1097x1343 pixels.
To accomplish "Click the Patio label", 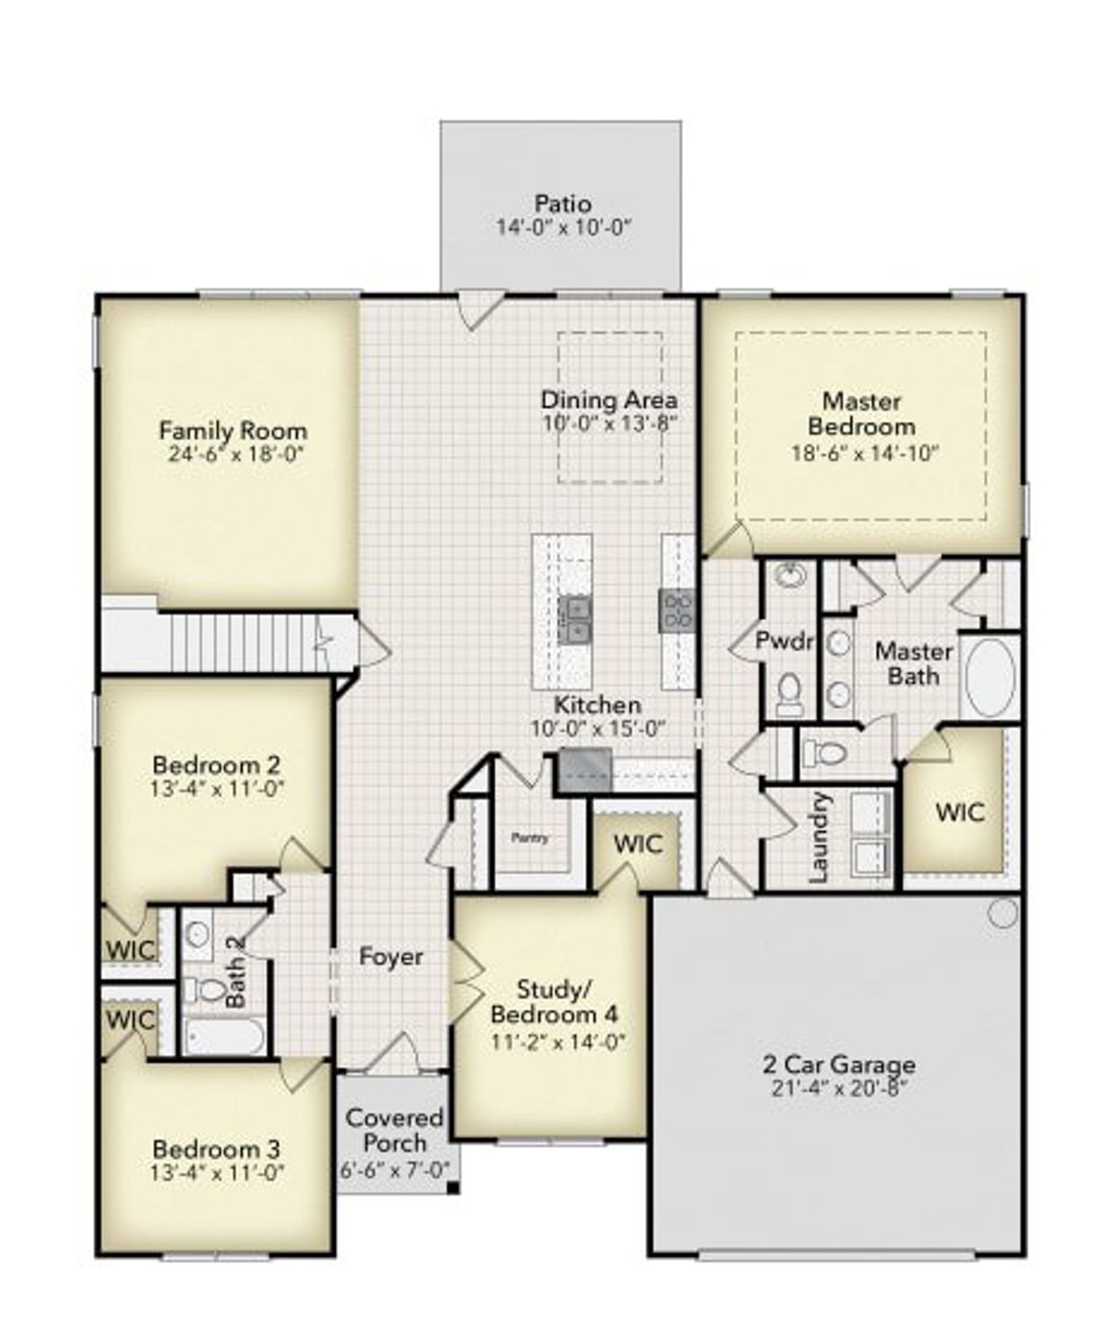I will [x=562, y=204].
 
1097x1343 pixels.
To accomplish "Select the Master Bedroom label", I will [x=861, y=413].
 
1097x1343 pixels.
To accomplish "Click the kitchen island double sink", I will [x=574, y=620].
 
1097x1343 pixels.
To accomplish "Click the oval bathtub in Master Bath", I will [x=991, y=675].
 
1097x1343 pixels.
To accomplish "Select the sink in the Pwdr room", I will [x=789, y=575].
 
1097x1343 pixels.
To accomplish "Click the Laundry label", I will [x=819, y=838].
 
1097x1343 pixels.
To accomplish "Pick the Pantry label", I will [x=530, y=838].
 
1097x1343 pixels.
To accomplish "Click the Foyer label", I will [x=391, y=956].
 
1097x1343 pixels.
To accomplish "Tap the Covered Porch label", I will [x=394, y=1130].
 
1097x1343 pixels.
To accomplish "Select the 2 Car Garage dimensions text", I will [x=838, y=1089].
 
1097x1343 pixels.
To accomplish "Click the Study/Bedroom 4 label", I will [x=554, y=1002].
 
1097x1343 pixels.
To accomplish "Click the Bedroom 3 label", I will [x=216, y=1149].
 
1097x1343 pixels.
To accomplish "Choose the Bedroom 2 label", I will [x=216, y=764].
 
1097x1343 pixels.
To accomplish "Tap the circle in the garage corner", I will [x=1002, y=914].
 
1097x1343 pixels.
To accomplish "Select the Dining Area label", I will [x=608, y=399].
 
